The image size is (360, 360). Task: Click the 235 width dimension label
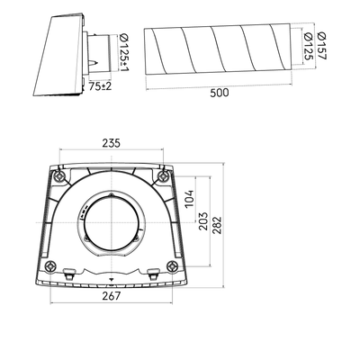pyautogui.click(x=111, y=143)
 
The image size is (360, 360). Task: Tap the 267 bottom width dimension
pyautogui.click(x=111, y=296)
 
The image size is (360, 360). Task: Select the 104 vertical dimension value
pyautogui.click(x=189, y=199)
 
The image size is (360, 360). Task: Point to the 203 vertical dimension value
pyautogui.click(x=203, y=221)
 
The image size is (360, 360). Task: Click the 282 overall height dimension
pyautogui.click(x=217, y=225)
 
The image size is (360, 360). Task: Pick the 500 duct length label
pyautogui.click(x=220, y=93)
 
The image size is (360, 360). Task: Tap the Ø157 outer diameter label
pyautogui.click(x=321, y=46)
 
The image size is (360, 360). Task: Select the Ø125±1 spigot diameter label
pyautogui.click(x=124, y=52)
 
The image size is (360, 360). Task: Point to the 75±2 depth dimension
pyautogui.click(x=100, y=86)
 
